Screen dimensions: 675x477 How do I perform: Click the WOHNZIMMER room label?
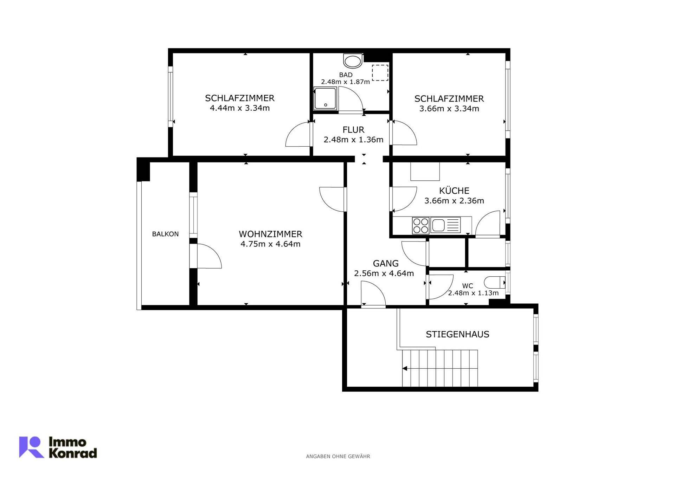pyautogui.click(x=270, y=234)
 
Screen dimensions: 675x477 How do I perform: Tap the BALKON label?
pyautogui.click(x=165, y=234)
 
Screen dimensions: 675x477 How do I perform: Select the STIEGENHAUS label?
pyautogui.click(x=457, y=334)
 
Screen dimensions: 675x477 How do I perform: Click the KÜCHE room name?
pyautogui.click(x=454, y=191)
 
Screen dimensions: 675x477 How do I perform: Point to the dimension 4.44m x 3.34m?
pyautogui.click(x=240, y=108)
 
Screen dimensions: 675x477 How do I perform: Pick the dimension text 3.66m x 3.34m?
pyautogui.click(x=449, y=109)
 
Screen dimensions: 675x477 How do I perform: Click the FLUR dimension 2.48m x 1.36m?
pyautogui.click(x=353, y=140)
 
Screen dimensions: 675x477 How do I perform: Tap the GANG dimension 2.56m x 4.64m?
pyautogui.click(x=384, y=273)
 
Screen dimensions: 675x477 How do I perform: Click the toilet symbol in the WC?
pyautogui.click(x=495, y=282)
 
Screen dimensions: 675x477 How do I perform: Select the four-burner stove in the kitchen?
pyautogui.click(x=420, y=225)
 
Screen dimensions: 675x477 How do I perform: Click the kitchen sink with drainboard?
pyautogui.click(x=445, y=225)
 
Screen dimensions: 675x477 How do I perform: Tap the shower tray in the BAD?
pyautogui.click(x=325, y=98)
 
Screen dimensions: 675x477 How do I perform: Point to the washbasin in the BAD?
pyautogui.click(x=353, y=61)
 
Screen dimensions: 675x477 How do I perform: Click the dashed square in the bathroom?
pyautogui.click(x=380, y=73)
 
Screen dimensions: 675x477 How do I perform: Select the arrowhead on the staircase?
pyautogui.click(x=405, y=368)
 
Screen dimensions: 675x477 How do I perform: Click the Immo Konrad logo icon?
pyautogui.click(x=31, y=447)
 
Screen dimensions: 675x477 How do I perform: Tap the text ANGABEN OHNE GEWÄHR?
pyautogui.click(x=338, y=456)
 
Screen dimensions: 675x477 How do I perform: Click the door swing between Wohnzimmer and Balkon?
pyautogui.click(x=210, y=256)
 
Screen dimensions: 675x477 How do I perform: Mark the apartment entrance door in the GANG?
pyautogui.click(x=373, y=295)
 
